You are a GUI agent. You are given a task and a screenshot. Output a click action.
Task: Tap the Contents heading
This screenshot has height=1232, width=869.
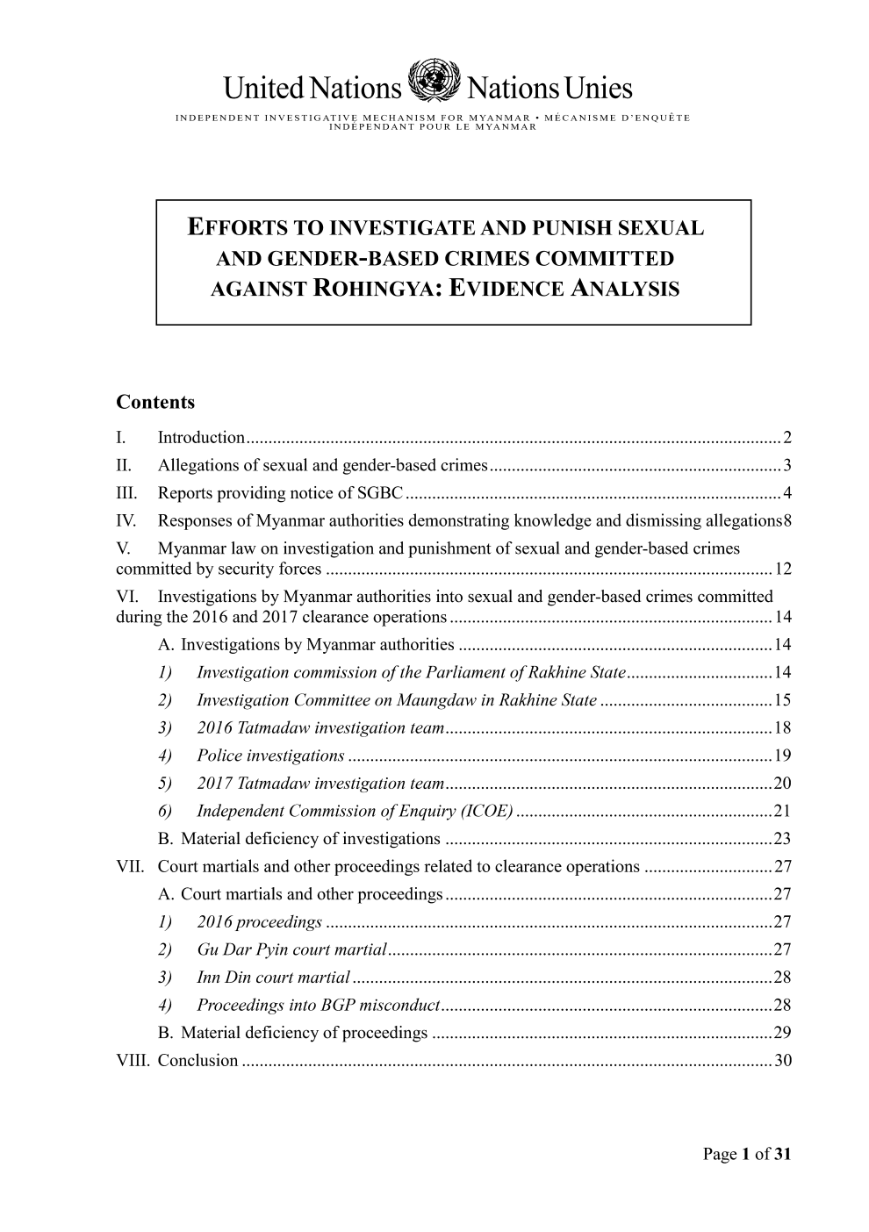click(155, 403)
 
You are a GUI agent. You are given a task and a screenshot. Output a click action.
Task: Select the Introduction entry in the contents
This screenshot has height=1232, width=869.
click(201, 438)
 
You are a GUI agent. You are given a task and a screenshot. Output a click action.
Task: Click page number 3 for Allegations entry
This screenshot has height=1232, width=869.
click(787, 465)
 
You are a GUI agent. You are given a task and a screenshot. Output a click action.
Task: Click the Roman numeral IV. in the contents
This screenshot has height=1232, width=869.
click(126, 521)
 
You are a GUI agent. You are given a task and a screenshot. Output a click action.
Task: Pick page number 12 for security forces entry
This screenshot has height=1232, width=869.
click(784, 569)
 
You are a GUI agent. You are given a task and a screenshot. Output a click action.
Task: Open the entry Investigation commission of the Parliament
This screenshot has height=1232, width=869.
click(410, 673)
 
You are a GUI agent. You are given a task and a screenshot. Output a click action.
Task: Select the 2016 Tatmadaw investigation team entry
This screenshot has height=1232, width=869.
click(320, 728)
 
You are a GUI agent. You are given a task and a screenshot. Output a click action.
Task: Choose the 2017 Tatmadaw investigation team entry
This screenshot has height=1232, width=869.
click(320, 784)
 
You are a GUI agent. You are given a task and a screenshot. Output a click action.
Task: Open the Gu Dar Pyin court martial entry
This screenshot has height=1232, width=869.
click(291, 949)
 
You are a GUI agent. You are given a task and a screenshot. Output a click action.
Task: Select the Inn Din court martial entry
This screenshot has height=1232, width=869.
click(273, 978)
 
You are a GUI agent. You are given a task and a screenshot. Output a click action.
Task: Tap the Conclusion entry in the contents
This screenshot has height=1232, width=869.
click(197, 1061)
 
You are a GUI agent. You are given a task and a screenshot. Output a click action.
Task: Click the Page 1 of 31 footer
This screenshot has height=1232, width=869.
click(747, 1155)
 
